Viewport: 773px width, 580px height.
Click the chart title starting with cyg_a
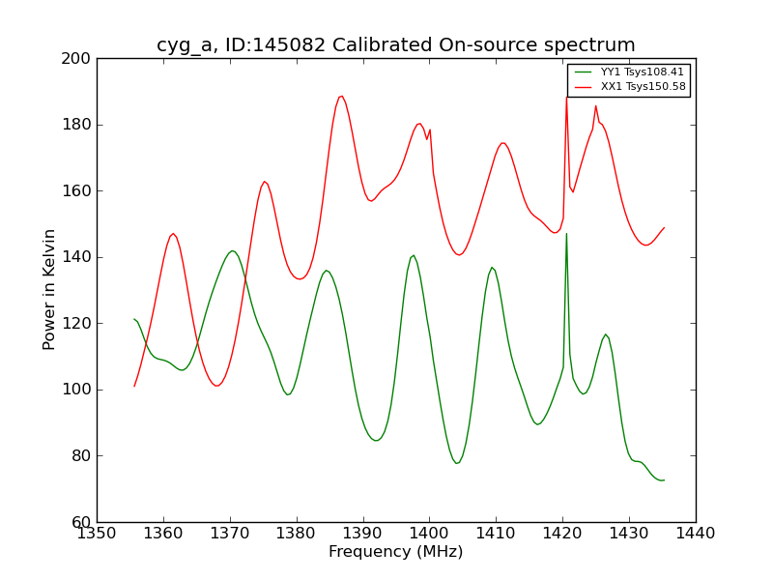tap(396, 45)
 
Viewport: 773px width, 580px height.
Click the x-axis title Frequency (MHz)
tap(396, 552)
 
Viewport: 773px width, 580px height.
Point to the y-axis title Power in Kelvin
tap(49, 289)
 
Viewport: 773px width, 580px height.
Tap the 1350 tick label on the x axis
tap(97, 533)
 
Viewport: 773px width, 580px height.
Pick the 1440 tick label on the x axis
tap(696, 533)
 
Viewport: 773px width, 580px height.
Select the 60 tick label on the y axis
tap(81, 522)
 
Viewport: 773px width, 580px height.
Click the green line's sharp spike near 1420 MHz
tap(566, 234)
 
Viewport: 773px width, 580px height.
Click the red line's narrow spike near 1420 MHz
tap(567, 97)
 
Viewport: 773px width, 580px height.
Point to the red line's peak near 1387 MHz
tap(341, 96)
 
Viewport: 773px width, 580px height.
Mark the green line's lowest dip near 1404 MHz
tap(457, 463)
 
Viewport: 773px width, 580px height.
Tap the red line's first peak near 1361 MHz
tap(173, 234)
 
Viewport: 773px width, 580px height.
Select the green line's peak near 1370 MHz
tap(232, 251)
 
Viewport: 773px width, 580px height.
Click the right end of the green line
tap(664, 480)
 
